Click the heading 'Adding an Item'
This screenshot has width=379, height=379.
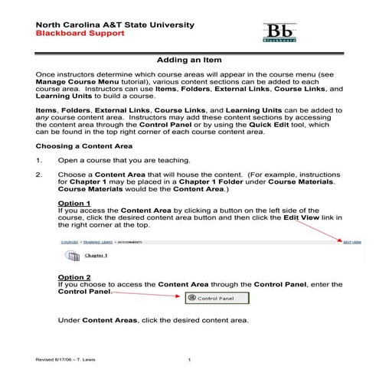[189, 59]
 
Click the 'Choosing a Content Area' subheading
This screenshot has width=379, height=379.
[84, 145]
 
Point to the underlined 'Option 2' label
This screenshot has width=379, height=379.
[75, 276]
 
